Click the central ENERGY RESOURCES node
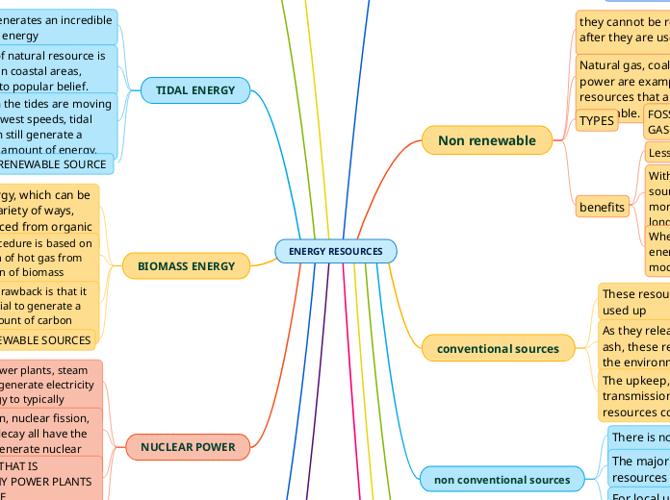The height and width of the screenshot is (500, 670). [335, 251]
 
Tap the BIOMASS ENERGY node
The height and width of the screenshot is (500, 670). [186, 265]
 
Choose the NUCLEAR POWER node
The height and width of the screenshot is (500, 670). [188, 447]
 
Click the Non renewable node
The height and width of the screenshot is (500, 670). [486, 140]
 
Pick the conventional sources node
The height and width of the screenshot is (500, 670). [498, 348]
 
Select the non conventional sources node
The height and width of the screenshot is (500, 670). [502, 479]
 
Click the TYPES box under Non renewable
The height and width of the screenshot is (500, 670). [597, 121]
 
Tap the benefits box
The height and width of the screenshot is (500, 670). [603, 207]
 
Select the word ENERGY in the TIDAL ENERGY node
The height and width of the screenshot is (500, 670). [215, 90]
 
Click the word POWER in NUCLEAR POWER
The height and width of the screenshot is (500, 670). [216, 447]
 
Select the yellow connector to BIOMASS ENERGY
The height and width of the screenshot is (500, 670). [263, 258]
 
